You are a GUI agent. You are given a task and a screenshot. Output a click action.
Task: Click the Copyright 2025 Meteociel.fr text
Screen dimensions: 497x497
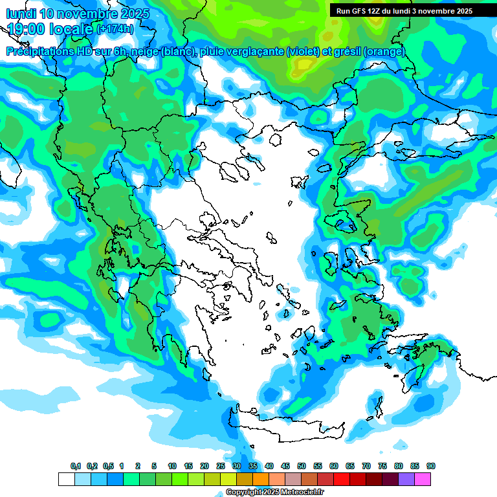274,492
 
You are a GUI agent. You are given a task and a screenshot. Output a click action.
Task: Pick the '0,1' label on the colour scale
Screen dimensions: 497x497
75,466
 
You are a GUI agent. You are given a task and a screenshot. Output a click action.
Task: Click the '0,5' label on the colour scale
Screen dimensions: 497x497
107,466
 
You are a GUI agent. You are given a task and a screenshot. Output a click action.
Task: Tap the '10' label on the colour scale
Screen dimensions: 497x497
172,466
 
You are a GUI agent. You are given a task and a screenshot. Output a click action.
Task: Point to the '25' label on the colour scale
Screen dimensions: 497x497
221,466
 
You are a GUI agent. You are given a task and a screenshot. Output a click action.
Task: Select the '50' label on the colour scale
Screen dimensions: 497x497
302,466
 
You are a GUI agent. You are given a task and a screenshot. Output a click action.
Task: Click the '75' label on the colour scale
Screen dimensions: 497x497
382,466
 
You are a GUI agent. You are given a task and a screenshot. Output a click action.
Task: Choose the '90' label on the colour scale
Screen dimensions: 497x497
431,466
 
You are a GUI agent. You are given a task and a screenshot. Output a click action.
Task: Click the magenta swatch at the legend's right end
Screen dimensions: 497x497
423,479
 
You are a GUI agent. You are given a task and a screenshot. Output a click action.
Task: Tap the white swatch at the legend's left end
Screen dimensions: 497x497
66,479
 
